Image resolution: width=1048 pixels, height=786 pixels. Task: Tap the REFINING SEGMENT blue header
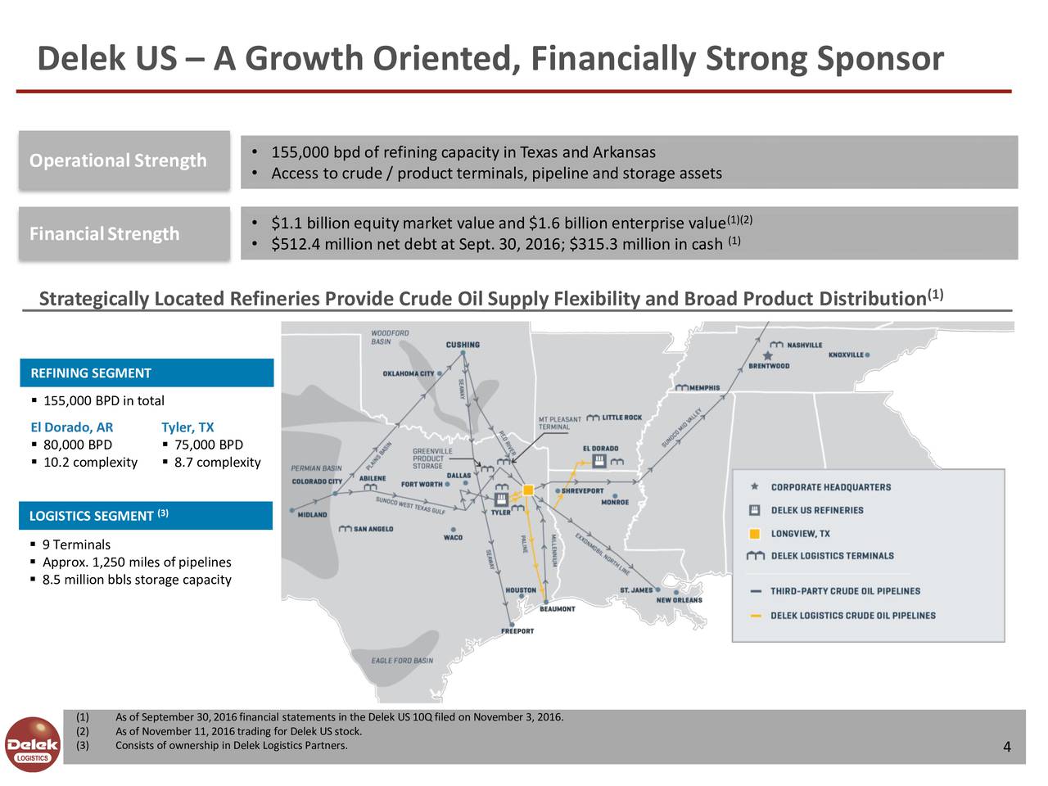click(x=146, y=373)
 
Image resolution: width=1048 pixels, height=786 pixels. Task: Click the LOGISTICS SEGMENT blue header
click(x=146, y=516)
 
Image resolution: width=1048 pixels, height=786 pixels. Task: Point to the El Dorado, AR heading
click(x=72, y=427)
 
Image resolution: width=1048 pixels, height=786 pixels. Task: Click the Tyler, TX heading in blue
click(x=187, y=427)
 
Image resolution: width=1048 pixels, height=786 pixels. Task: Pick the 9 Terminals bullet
click(x=76, y=545)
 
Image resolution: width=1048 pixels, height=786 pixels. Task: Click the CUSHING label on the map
click(x=463, y=345)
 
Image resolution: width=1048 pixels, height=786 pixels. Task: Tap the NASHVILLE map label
click(x=804, y=345)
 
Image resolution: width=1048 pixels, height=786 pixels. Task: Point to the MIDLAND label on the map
click(x=312, y=515)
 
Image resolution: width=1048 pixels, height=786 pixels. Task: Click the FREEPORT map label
click(x=517, y=631)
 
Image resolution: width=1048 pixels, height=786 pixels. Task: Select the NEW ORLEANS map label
click(x=679, y=599)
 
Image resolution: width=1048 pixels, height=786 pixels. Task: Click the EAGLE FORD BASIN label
click(x=402, y=661)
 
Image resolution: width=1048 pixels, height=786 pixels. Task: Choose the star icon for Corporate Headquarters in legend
click(x=754, y=487)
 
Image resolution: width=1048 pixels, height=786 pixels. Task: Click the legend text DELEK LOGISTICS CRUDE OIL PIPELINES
click(x=852, y=616)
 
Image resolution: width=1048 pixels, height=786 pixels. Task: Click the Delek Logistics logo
click(x=32, y=744)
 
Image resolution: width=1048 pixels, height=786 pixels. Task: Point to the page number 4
click(x=1006, y=747)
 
